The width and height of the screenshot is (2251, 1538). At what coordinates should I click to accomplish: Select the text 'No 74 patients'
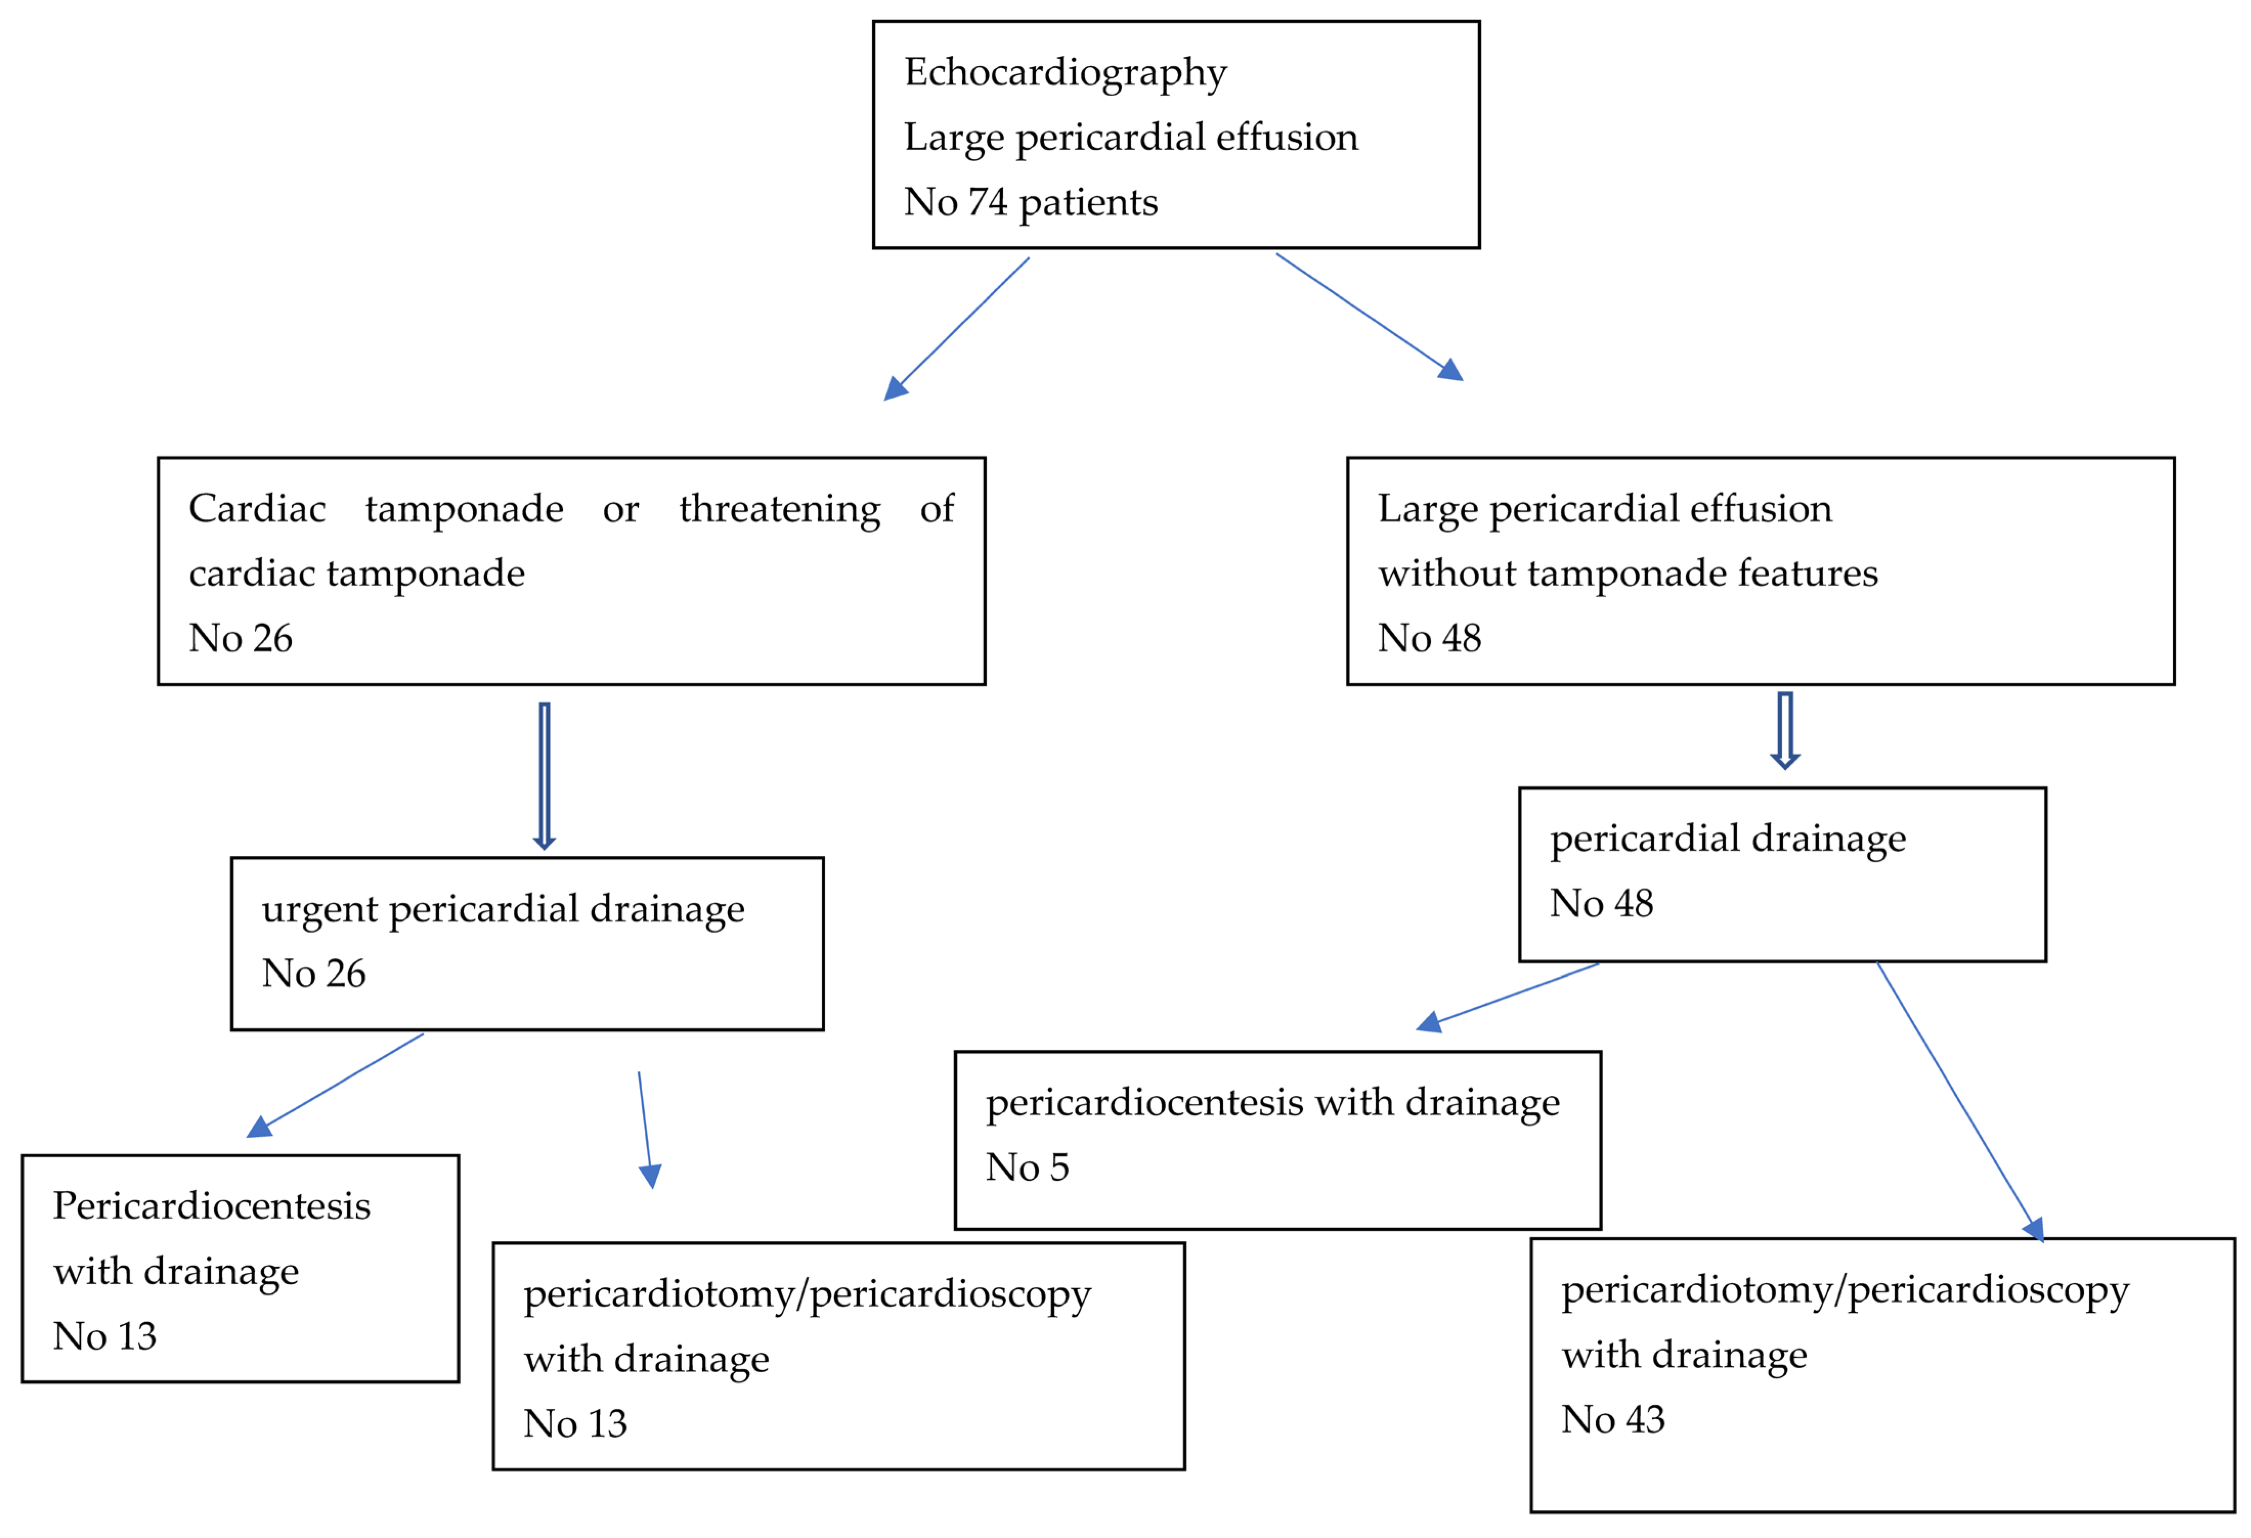coord(1031,202)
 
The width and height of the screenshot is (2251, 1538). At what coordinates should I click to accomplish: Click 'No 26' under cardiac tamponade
coord(240,638)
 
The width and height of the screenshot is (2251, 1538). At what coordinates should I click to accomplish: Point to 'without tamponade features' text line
coord(1627,573)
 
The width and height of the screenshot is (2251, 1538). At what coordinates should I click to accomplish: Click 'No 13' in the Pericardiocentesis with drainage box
coord(104,1336)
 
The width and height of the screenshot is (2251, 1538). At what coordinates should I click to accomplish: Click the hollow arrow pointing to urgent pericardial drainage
coord(545,775)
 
